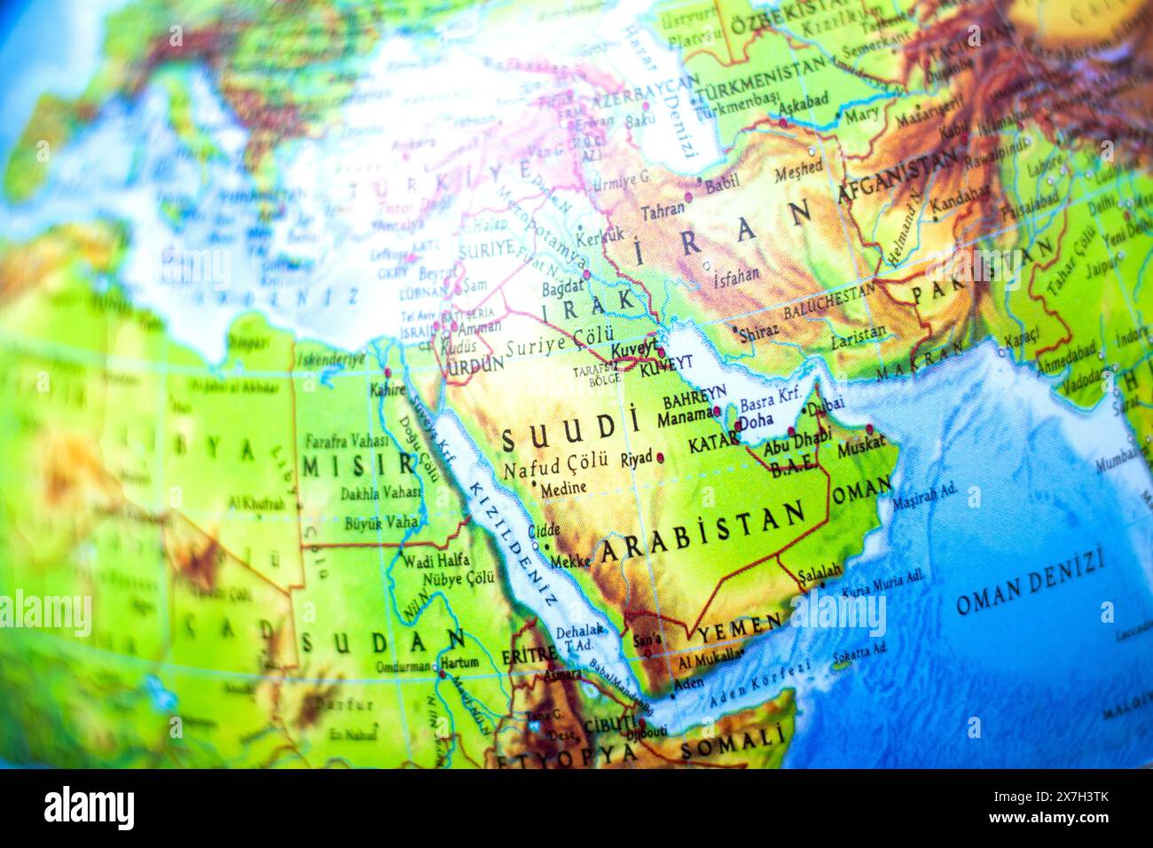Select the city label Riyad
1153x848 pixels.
636,458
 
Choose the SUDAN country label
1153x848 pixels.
382,641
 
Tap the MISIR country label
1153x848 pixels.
359,465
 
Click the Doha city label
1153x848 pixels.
755,422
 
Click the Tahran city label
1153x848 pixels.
663,210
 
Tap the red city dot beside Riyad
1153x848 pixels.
660,458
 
